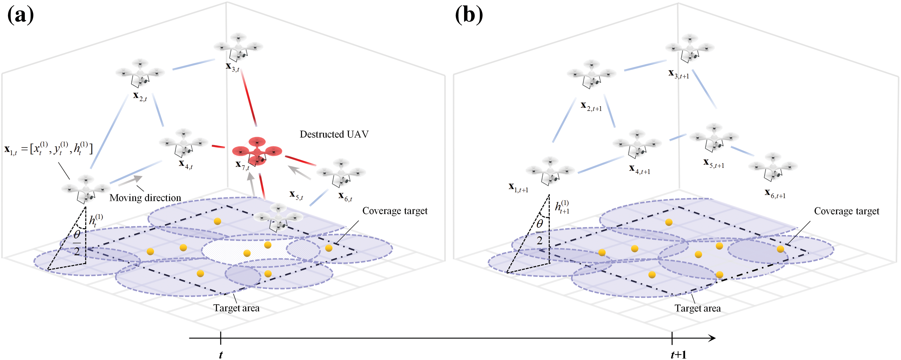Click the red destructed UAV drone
(x=257, y=151)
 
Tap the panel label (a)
(x=21, y=15)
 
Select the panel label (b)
(x=469, y=15)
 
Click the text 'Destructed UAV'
(x=334, y=134)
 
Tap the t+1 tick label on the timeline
(x=679, y=354)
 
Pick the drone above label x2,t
(x=140, y=73)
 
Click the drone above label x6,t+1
(x=773, y=167)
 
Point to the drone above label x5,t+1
(x=714, y=137)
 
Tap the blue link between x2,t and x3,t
(x=193, y=64)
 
